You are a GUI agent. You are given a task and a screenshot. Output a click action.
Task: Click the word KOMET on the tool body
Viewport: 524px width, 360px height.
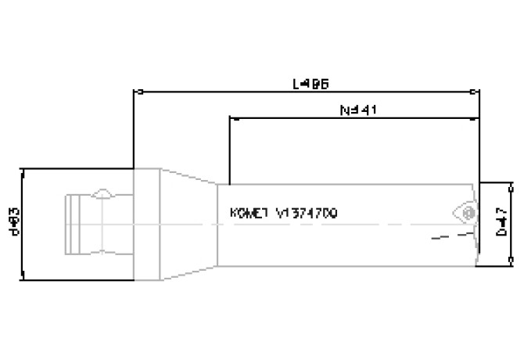click(x=249, y=213)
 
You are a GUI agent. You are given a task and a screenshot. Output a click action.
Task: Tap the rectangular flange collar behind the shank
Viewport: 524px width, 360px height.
click(x=147, y=223)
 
